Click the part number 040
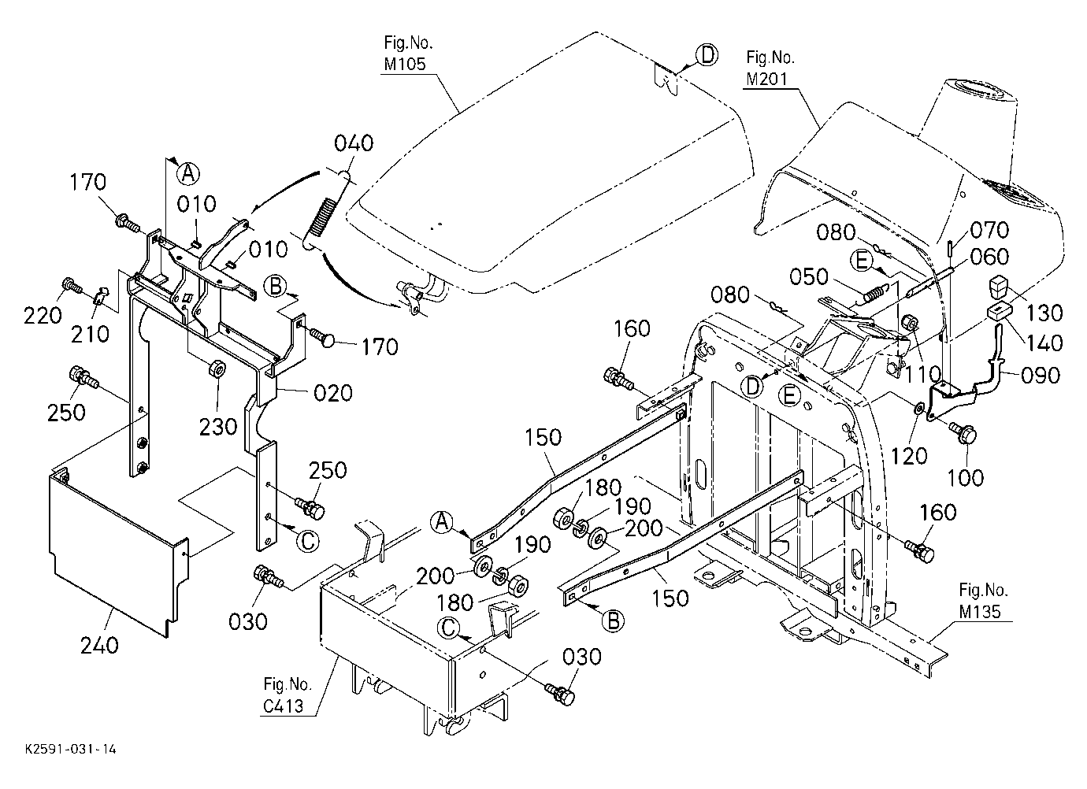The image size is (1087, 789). [354, 143]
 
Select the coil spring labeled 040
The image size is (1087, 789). [321, 217]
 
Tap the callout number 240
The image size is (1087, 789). [99, 646]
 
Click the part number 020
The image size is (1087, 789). [333, 393]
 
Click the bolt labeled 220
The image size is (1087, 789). [72, 287]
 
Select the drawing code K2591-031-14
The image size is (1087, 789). [71, 750]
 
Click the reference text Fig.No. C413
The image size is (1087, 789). [286, 695]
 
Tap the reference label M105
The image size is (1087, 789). [405, 64]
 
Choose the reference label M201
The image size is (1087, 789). [766, 79]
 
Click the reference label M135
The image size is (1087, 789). [980, 611]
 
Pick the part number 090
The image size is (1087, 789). [1041, 375]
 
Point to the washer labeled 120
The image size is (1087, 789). [918, 408]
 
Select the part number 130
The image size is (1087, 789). [1044, 313]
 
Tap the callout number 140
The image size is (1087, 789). [1044, 343]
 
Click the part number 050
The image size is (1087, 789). [808, 276]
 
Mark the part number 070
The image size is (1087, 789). [989, 230]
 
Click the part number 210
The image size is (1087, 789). [90, 334]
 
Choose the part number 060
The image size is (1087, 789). [989, 257]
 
